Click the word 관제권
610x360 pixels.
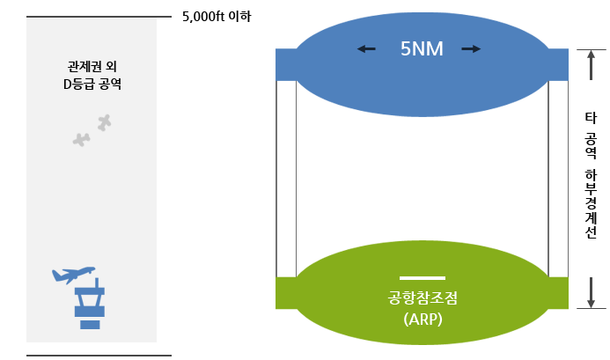click(x=81, y=67)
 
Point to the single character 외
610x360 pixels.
click(x=111, y=67)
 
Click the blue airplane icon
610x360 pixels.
click(x=73, y=275)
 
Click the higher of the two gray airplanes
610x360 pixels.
click(x=105, y=122)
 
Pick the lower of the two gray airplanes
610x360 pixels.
click(x=82, y=139)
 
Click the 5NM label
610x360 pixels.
click(x=421, y=49)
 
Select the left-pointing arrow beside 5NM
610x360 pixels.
click(x=366, y=49)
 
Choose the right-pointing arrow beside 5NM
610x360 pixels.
click(x=472, y=49)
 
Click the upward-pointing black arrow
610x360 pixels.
click(x=592, y=64)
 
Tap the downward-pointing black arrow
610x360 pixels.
click(x=592, y=292)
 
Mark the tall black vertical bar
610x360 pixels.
click(x=592, y=174)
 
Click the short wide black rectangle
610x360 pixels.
click(x=217, y=16)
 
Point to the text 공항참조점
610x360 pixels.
click(x=423, y=298)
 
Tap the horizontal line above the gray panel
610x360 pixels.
click(x=99, y=17)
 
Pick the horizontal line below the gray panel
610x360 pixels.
click(x=99, y=356)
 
